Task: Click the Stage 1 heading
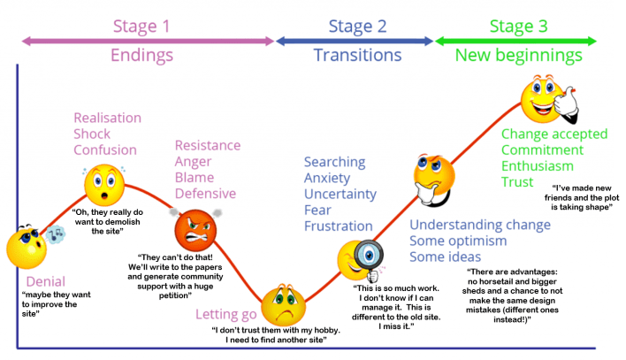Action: pos(141,26)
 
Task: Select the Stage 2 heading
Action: pos(357,26)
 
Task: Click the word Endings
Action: pos(142,56)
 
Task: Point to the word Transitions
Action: pos(357,56)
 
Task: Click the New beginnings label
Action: pos(519,56)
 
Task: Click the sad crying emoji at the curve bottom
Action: pos(284,302)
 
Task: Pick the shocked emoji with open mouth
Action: pos(105,184)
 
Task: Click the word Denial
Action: pos(45,281)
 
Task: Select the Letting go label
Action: pos(225,314)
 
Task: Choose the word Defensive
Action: pos(205,194)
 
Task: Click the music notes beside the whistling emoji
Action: pos(56,234)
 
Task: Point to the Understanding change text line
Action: pos(480,225)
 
